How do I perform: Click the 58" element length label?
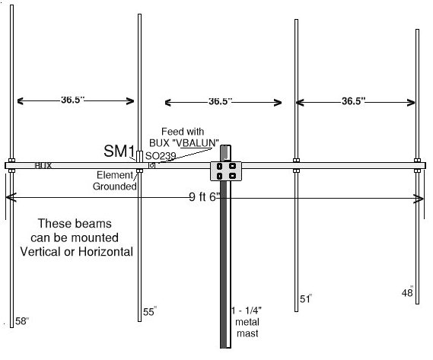(22, 320)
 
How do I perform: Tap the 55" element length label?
(150, 311)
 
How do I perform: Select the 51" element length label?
(306, 298)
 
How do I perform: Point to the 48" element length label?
(407, 292)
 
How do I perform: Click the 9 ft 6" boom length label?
(205, 196)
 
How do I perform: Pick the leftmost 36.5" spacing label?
(72, 100)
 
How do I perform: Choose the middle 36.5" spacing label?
(220, 101)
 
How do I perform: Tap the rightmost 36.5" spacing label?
(353, 101)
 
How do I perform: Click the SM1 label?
(119, 151)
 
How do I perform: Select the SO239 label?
(161, 156)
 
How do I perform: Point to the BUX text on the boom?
(43, 165)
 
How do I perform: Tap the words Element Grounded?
(115, 180)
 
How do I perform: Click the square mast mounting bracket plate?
(226, 171)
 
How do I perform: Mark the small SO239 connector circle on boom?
(151, 165)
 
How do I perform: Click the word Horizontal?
(106, 252)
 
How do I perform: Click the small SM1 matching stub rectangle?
(139, 156)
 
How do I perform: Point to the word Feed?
(171, 132)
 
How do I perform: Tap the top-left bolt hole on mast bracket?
(219, 167)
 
